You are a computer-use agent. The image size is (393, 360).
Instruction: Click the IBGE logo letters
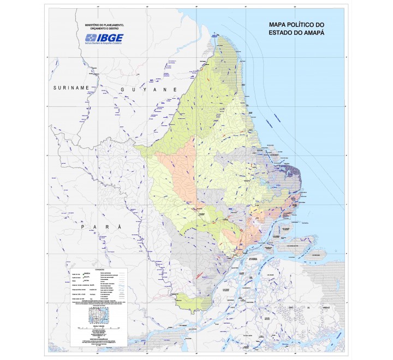point(111,38)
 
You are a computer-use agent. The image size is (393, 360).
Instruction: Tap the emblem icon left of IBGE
point(91,38)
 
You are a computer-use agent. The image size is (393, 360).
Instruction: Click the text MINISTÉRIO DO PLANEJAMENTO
point(104,25)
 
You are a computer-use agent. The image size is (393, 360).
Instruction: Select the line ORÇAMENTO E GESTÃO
point(104,29)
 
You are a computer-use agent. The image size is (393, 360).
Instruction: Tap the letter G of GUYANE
point(123,89)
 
